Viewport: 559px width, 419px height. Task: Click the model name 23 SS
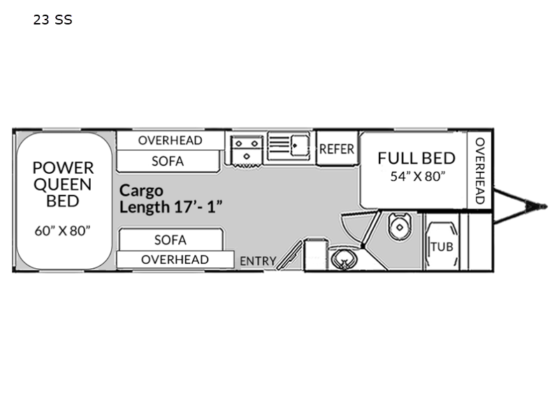pyautogui.click(x=53, y=20)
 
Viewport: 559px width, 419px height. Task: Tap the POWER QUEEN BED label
pyautogui.click(x=63, y=184)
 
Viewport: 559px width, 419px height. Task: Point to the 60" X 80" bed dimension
pyautogui.click(x=62, y=230)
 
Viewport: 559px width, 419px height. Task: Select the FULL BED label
pyautogui.click(x=416, y=159)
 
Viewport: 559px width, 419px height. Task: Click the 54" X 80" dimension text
pyautogui.click(x=418, y=176)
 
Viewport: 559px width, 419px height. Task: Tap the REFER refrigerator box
pyautogui.click(x=337, y=149)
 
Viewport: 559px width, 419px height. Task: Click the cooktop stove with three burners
pyautogui.click(x=247, y=149)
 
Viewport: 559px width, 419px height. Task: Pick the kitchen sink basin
pyautogui.click(x=300, y=145)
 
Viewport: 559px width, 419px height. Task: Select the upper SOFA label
pyautogui.click(x=168, y=161)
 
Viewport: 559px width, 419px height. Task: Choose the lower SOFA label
pyautogui.click(x=170, y=240)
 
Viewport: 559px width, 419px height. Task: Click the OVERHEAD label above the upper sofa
pyautogui.click(x=170, y=140)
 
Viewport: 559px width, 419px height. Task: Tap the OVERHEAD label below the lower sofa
pyautogui.click(x=175, y=259)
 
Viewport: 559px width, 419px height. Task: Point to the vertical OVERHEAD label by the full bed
pyautogui.click(x=480, y=171)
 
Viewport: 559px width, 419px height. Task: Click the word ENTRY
pyautogui.click(x=258, y=261)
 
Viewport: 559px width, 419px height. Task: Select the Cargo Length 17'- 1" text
pyautogui.click(x=170, y=199)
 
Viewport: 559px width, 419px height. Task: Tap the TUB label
pyautogui.click(x=442, y=247)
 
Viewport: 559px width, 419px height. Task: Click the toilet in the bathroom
pyautogui.click(x=400, y=226)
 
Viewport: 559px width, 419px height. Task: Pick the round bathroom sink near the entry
pyautogui.click(x=343, y=260)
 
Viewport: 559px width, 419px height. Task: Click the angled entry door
pyautogui.click(x=289, y=255)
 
